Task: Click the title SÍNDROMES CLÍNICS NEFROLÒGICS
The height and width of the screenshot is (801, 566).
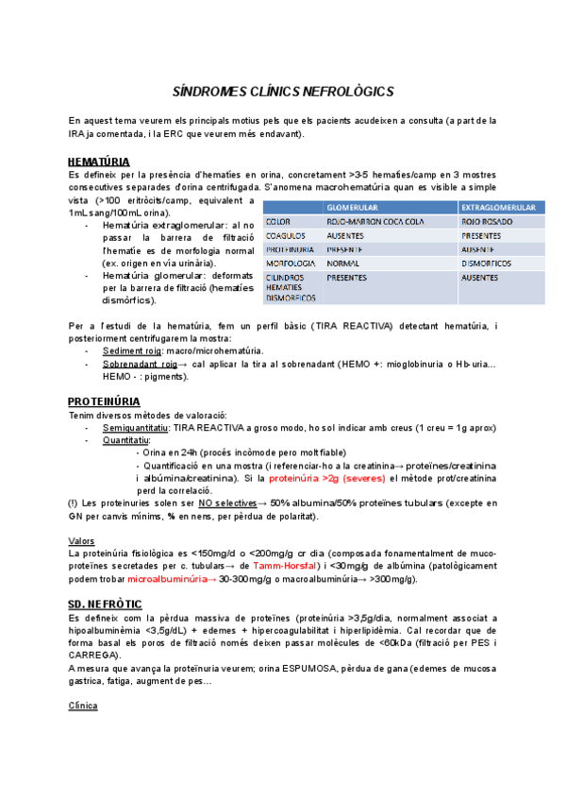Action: [x=282, y=92]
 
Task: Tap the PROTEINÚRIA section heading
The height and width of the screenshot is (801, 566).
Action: [x=104, y=400]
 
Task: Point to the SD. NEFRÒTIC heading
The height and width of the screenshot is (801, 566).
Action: [x=105, y=603]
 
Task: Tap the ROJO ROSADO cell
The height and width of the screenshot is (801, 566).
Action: [x=487, y=221]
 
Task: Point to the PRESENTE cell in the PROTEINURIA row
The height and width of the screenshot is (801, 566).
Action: [x=346, y=249]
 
